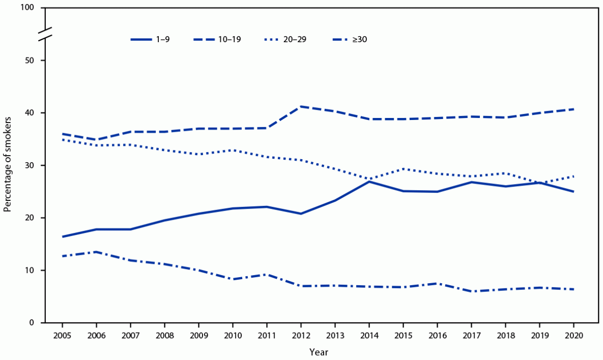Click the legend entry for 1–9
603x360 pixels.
point(150,39)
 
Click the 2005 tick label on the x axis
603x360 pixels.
point(62,336)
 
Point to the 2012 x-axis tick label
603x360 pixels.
point(301,336)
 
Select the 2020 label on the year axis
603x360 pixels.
point(573,336)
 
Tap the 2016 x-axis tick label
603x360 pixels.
point(437,336)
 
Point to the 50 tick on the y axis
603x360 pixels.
point(30,61)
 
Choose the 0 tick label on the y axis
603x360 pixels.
point(32,323)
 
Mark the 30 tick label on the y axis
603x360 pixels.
point(30,165)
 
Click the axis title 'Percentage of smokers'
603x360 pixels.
point(8,165)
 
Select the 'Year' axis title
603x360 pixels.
point(318,351)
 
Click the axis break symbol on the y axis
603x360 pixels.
point(45,34)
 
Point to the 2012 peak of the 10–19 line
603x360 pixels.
point(301,106)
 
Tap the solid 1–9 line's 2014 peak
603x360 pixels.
point(369,182)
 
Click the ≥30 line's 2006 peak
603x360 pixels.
point(96,252)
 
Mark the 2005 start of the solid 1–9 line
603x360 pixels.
point(62,236)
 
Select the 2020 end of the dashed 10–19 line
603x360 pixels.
point(573,109)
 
